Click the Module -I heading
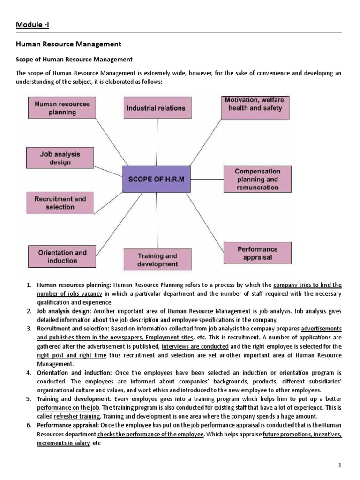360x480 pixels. (x=33, y=24)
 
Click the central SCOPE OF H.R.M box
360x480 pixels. (x=156, y=179)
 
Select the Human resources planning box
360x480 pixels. (x=55, y=107)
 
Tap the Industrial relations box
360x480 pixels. (x=156, y=108)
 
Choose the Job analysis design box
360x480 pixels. (x=53, y=158)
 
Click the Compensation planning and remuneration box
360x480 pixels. (x=257, y=180)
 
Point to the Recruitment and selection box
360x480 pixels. (x=54, y=202)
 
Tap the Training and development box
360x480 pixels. (x=157, y=260)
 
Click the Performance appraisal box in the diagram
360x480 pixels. (x=257, y=253)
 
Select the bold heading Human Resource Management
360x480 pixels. (x=69, y=44)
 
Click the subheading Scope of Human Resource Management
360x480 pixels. (x=75, y=60)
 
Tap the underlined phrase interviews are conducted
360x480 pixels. (x=195, y=346)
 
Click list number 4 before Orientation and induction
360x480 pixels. (x=29, y=373)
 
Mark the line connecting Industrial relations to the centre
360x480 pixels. (x=156, y=142)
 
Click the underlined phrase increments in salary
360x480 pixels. (x=63, y=442)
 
